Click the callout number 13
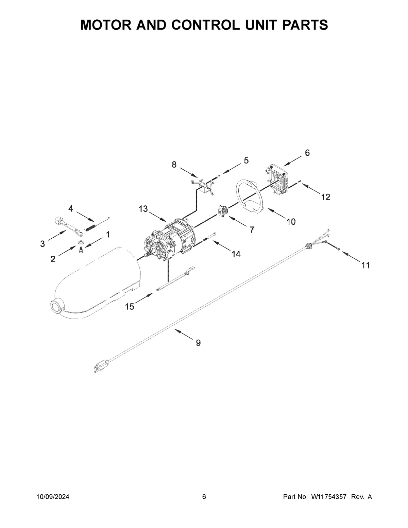pos(143,209)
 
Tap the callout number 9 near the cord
pos(198,343)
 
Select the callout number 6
pos(307,153)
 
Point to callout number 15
pos(130,307)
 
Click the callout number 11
pos(365,265)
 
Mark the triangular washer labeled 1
pos(80,242)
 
